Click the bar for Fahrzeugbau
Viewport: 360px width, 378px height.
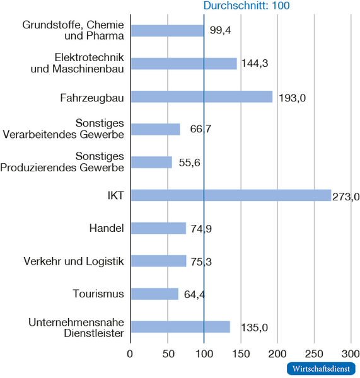tap(201, 96)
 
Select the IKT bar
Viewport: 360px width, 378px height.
tap(230, 195)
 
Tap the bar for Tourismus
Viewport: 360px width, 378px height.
tap(154, 294)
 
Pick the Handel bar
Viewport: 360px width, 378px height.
tap(158, 228)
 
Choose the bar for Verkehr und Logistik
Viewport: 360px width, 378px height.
tap(158, 261)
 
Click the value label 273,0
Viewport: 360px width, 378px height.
tap(345, 197)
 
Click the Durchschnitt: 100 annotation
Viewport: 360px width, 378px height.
tap(246, 5)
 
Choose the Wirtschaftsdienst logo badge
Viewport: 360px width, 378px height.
tap(321, 369)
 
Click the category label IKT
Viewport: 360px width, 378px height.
tap(115, 195)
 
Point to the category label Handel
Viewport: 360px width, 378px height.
tap(107, 228)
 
